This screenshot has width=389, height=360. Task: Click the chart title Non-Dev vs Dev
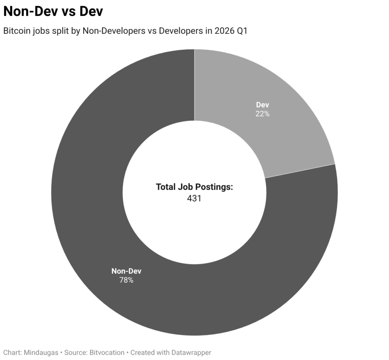pos(53,12)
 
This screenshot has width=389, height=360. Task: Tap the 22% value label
pos(262,114)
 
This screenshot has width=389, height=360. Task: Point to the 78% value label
pos(126,280)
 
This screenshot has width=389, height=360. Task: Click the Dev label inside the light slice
pos(262,105)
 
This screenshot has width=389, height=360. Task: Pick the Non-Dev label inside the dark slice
pos(126,271)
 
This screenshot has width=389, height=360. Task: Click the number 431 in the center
pos(194,198)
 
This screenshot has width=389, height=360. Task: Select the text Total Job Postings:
pos(194,187)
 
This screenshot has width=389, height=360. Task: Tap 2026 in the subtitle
pos(224,31)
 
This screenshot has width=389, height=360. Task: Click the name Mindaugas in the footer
pos(41,352)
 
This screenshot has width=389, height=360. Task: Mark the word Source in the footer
pos(76,352)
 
